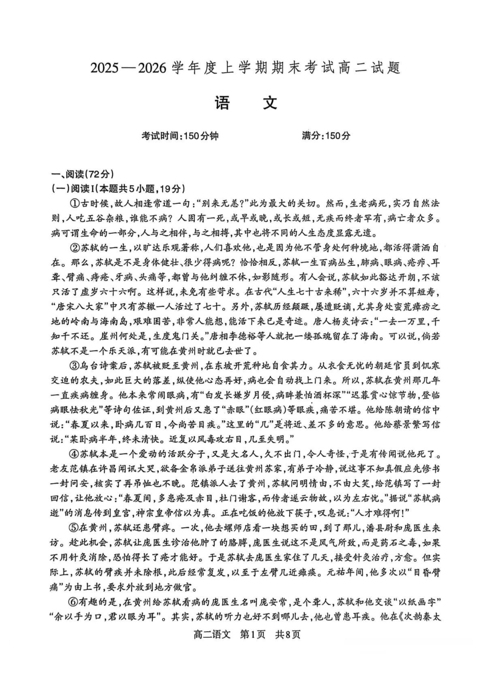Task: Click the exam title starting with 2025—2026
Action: (x=246, y=68)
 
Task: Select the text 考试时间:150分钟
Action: (x=180, y=136)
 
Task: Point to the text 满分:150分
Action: (x=326, y=136)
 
